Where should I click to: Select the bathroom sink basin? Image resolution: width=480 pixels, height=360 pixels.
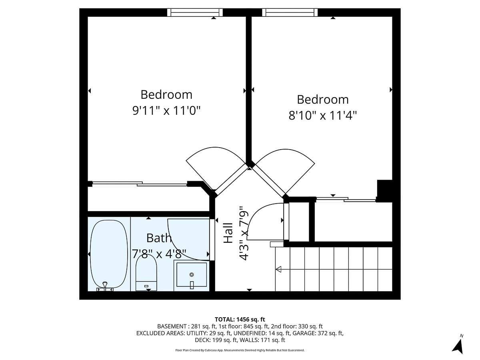192,275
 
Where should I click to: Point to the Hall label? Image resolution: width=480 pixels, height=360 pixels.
228,233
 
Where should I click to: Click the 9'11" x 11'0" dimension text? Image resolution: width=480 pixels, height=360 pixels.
166,110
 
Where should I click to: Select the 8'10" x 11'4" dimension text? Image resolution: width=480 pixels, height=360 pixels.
322,116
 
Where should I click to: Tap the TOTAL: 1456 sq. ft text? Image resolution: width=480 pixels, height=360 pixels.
240,319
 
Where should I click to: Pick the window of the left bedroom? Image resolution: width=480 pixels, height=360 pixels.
195,12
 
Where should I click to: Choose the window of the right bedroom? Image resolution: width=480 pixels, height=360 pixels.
290,12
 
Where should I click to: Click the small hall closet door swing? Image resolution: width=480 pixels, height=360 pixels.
262,222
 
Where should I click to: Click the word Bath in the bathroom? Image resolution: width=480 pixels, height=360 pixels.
159,238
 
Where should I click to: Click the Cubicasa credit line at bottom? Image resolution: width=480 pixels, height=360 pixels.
240,350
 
